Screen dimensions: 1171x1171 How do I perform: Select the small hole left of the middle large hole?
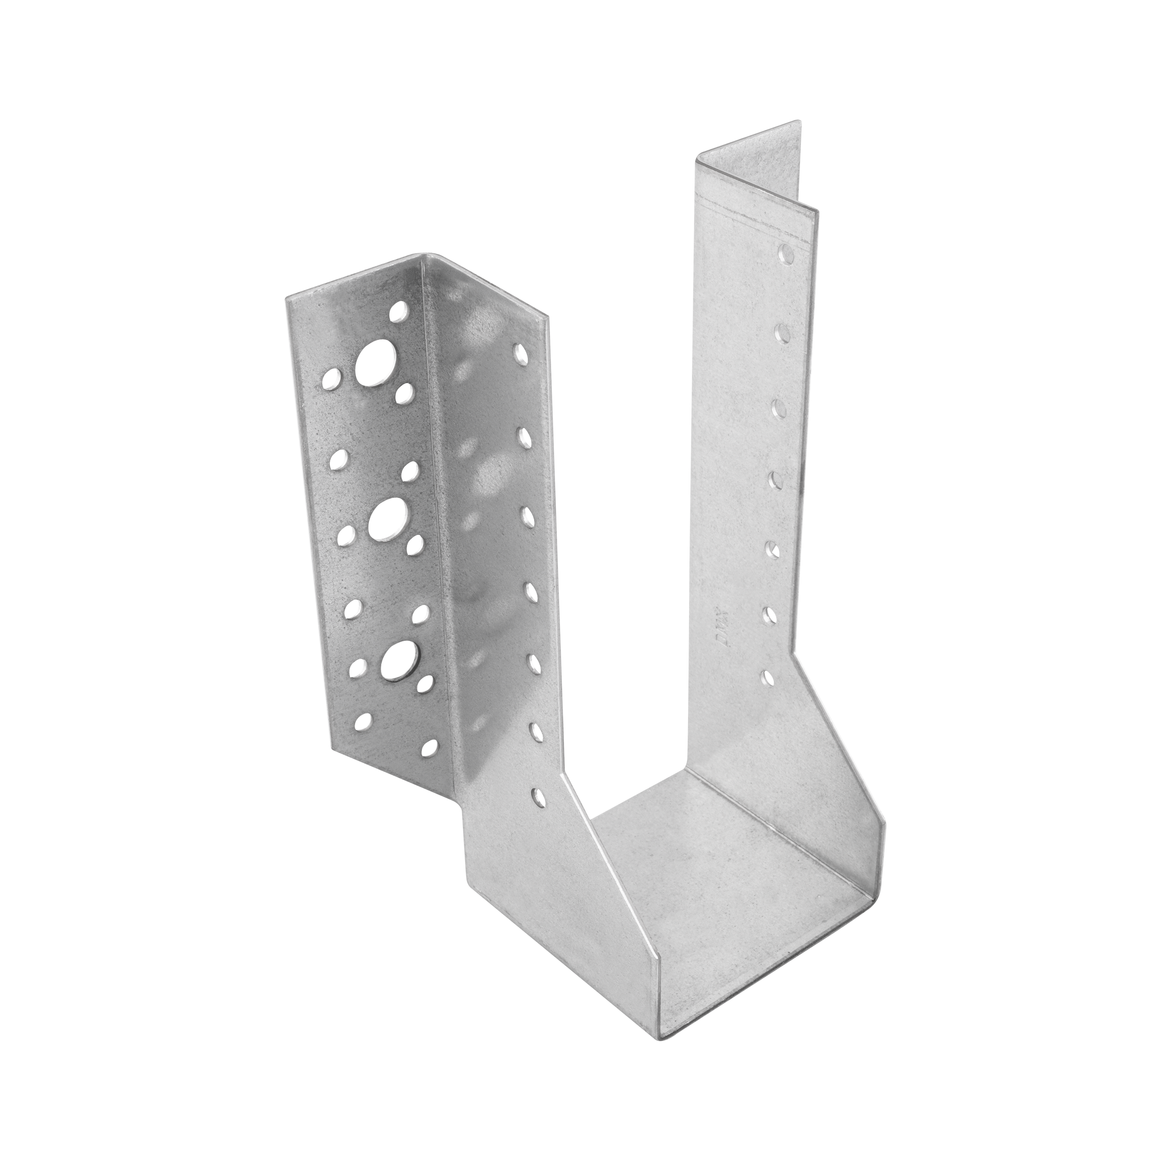[x=347, y=534]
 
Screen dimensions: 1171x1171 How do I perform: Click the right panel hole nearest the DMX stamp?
[x=769, y=616]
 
